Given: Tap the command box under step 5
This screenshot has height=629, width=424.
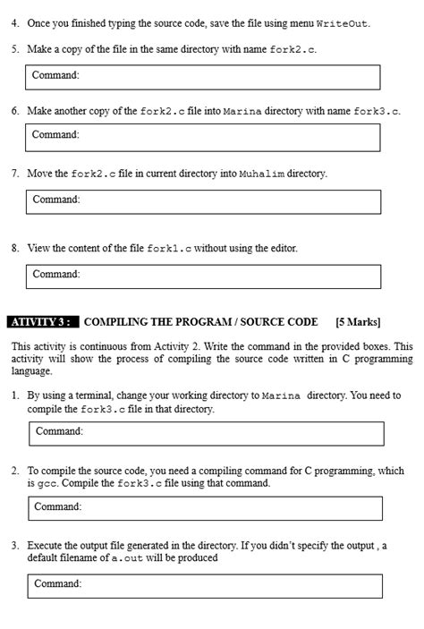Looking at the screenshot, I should pos(203,76).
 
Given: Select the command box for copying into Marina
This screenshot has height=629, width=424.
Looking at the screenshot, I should pos(203,136).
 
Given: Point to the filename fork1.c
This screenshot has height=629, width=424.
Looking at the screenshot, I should pos(169,248).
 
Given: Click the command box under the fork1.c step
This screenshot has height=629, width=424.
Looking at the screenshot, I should pos(203,276).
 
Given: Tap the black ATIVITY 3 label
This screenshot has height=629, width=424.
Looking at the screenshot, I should pos(43,321).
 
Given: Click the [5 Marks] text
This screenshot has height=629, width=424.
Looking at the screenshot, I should pos(358,321).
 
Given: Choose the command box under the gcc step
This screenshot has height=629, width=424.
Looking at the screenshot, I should pos(205,507).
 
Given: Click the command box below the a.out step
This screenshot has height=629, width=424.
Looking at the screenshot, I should pos(205,585).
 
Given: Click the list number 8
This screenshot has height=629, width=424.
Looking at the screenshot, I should pos(15,248).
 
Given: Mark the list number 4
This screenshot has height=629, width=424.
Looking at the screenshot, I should pos(15,22).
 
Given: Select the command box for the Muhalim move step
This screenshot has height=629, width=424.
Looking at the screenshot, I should pos(203,200).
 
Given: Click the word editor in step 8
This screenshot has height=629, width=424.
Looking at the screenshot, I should pos(280,248).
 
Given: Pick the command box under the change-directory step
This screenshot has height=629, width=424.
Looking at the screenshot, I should pos(207,433).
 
